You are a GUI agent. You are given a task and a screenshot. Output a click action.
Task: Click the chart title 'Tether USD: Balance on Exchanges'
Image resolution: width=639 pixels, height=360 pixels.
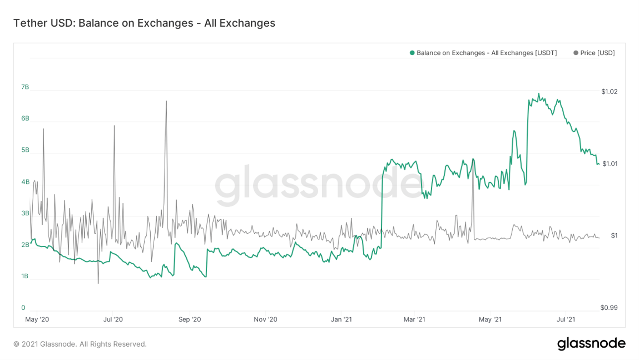point(144,23)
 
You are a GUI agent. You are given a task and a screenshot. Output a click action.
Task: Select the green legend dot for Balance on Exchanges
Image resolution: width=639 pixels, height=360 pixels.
point(412,53)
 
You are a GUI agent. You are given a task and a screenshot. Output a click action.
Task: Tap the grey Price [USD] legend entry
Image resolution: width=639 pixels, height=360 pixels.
point(594,53)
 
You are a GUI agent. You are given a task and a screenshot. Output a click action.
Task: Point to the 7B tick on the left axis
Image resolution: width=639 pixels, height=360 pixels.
point(25,87)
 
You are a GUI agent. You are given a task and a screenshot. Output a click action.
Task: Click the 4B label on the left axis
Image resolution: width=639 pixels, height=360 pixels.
point(25,182)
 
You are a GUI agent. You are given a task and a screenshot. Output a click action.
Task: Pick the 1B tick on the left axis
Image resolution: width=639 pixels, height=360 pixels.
point(25,276)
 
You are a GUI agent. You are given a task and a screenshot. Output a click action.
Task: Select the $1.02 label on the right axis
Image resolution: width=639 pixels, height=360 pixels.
point(609,92)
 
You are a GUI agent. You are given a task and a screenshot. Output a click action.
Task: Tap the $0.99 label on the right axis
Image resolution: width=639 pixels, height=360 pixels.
point(609,307)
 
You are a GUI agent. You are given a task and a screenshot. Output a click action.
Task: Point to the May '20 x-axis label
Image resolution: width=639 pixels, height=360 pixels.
point(37,320)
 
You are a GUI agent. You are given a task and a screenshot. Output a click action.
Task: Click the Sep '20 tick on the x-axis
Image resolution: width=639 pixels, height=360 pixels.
point(189,320)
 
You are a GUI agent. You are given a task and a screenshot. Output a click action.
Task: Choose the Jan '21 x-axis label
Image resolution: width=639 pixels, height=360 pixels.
point(341,320)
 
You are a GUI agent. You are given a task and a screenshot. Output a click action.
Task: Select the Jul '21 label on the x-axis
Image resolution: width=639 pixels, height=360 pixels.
point(565,320)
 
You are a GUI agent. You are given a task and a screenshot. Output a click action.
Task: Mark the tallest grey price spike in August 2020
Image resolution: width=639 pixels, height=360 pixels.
point(166,101)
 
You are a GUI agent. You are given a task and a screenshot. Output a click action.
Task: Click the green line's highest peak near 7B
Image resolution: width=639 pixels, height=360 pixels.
point(538,94)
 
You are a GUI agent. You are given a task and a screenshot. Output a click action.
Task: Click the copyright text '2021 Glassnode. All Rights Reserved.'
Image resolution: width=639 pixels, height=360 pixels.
point(80,344)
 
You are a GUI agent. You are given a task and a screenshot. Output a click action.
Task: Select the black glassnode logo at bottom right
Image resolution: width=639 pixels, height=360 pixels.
point(591,344)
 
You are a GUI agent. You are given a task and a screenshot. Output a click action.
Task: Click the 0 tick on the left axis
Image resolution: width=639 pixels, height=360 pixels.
point(23,308)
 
